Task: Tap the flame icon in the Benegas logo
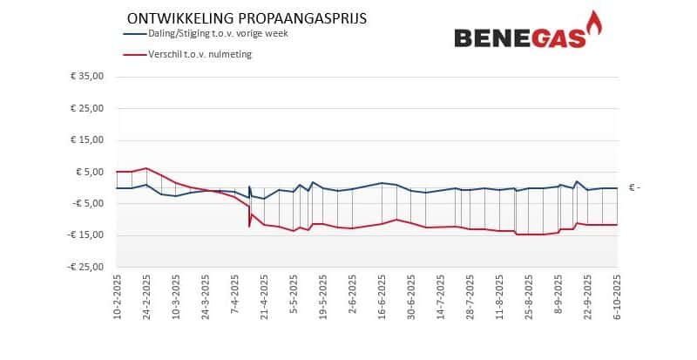(595, 24)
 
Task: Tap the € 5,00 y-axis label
(90, 172)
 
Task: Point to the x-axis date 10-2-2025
(117, 297)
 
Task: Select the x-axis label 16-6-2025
(382, 297)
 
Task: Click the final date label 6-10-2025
(617, 297)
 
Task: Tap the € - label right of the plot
(634, 188)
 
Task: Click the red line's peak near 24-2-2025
(146, 168)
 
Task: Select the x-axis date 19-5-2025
(322, 297)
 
